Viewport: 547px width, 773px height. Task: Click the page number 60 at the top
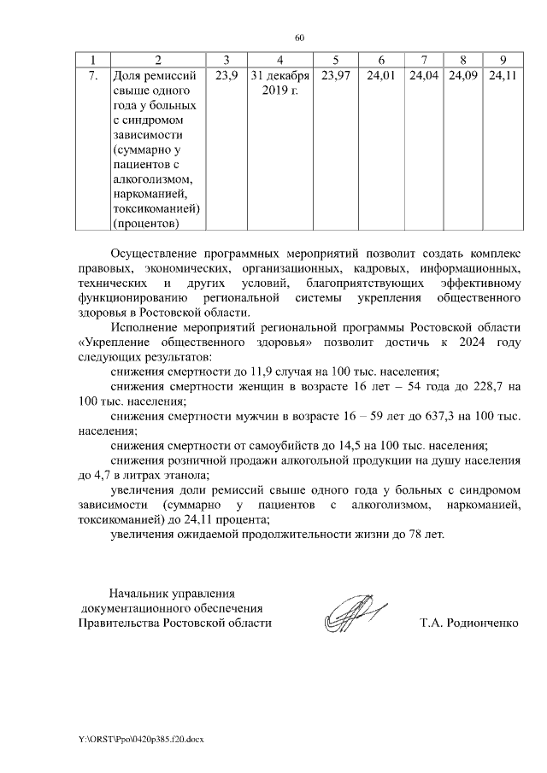(299, 38)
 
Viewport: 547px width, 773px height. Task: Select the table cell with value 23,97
(335, 78)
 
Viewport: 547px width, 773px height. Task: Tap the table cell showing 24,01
(380, 78)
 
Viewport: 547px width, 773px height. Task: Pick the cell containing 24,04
(424, 78)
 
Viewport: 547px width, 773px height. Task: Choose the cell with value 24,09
(462, 78)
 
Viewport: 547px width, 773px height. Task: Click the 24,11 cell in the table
(502, 78)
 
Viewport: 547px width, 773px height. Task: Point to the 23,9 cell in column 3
(226, 78)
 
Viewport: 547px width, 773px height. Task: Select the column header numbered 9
(502, 60)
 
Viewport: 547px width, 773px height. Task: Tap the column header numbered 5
(335, 60)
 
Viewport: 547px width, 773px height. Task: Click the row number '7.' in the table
(92, 78)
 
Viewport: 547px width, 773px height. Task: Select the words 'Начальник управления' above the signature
(171, 593)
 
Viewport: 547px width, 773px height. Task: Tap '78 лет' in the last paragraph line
(426, 535)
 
